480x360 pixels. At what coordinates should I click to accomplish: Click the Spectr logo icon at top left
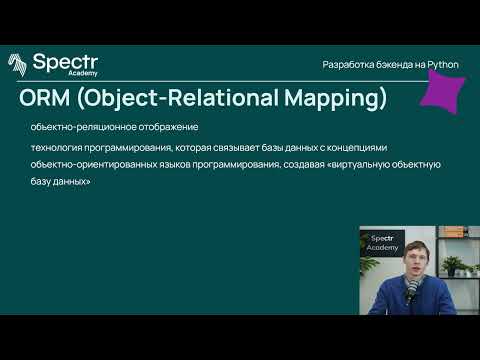(18, 64)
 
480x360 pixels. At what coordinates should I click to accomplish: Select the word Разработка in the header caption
(347, 64)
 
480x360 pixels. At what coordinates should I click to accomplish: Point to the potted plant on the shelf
(452, 266)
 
